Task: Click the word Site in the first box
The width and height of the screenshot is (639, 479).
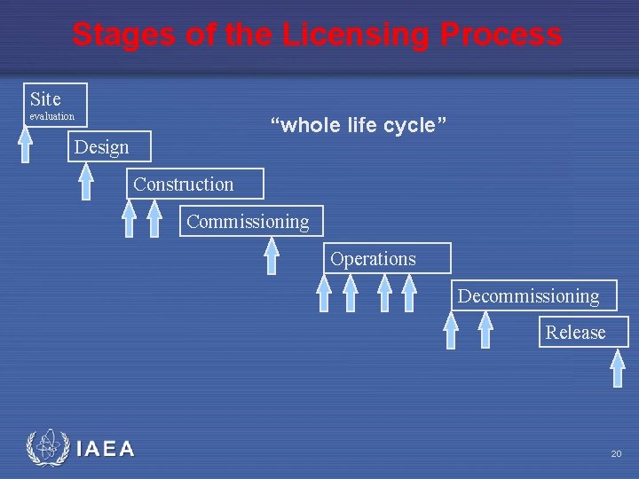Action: pos(45,98)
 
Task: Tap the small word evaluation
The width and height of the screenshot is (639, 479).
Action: pos(52,117)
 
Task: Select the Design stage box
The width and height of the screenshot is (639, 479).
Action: pos(102,147)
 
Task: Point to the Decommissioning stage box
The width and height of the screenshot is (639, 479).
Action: pos(529,296)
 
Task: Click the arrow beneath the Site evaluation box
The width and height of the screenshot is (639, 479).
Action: pos(26,145)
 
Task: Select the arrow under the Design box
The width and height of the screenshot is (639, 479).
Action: pos(86,182)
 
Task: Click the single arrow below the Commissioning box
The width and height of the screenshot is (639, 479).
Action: pos(272,256)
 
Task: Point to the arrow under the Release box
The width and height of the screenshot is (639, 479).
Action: pos(619,367)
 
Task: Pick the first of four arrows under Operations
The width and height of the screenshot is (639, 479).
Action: pos(324,294)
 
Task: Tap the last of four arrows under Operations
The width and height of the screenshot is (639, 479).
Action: pos(409,294)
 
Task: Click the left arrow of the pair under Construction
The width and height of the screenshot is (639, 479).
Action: pos(130,219)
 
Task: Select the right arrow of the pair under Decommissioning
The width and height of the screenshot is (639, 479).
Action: pos(485,331)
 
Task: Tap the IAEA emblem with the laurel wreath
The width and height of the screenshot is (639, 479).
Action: pos(46,448)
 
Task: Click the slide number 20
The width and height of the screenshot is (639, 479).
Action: pos(616,454)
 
